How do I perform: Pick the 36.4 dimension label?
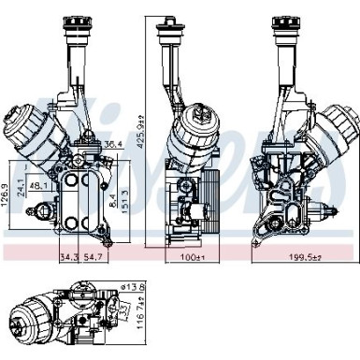pos(112,144)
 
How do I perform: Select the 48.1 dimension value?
pos(40,186)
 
